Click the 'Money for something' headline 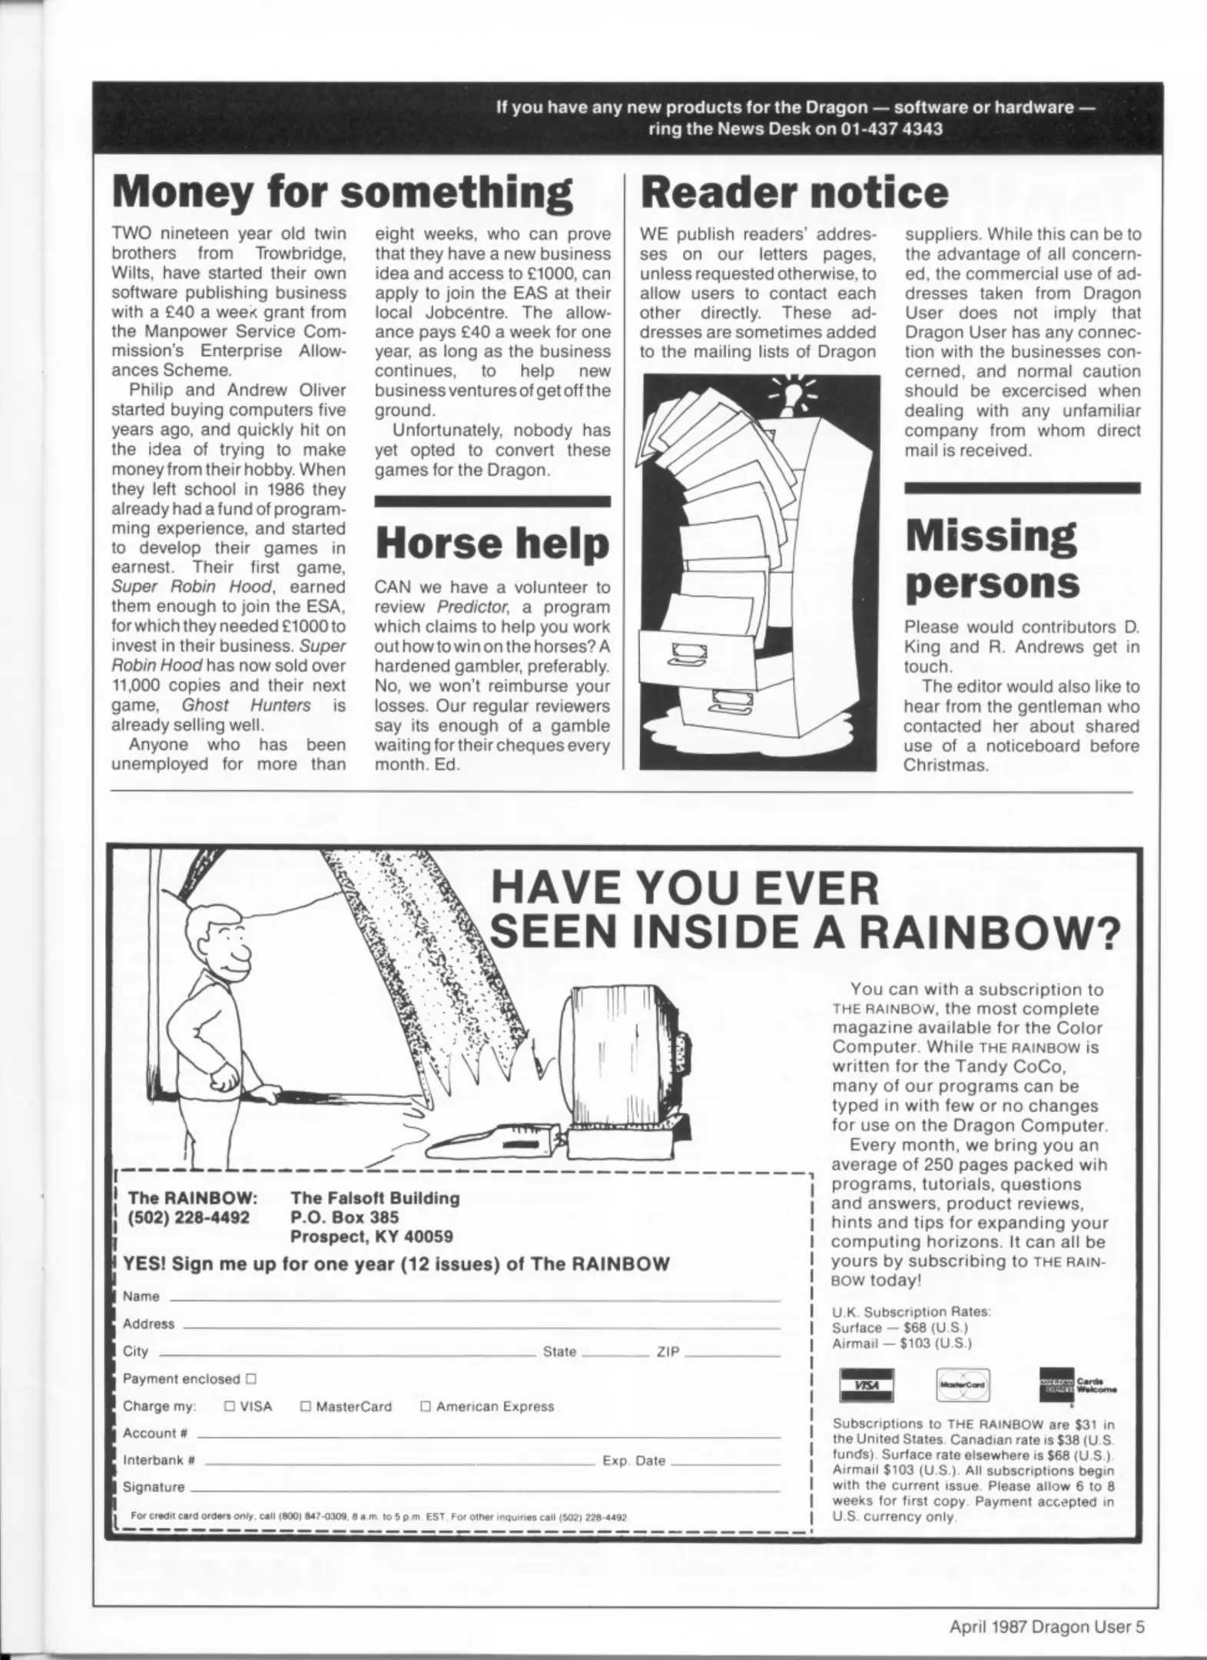click(342, 192)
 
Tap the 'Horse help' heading click(492, 543)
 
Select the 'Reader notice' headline click(794, 192)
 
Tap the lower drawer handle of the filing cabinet click(725, 699)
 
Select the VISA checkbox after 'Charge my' click(229, 1406)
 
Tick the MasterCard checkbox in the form click(305, 1406)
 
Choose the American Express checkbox click(426, 1406)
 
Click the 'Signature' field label click(154, 1487)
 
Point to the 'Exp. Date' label click(634, 1461)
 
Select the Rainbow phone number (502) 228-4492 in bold click(189, 1217)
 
